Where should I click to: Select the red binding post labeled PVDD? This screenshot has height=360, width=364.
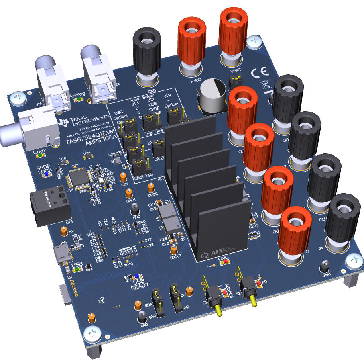191,44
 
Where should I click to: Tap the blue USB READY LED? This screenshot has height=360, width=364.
136,276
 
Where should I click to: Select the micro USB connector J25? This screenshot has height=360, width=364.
62,254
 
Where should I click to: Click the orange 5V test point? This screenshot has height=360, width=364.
63,231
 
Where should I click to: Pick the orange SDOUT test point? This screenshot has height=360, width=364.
173,249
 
